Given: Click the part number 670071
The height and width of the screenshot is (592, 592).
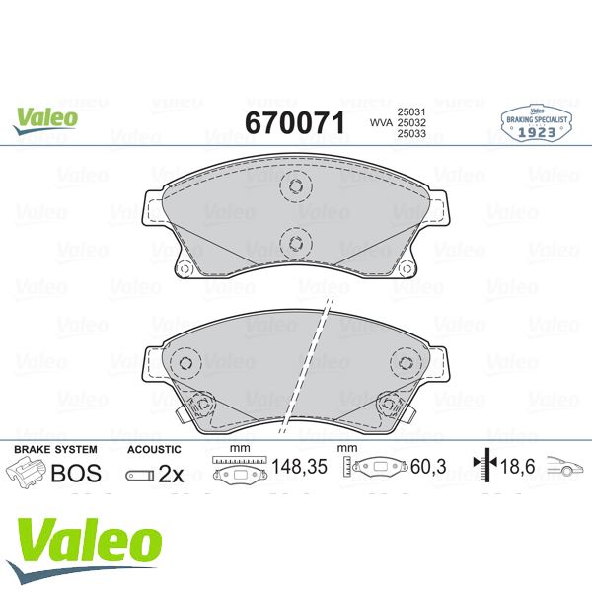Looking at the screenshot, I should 293,122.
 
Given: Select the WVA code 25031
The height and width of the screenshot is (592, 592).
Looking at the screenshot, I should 410,112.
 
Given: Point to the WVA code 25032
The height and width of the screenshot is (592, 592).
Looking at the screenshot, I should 410,123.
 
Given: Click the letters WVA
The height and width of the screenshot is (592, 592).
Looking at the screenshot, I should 379,123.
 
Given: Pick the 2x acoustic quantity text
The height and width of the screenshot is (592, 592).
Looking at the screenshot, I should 171,474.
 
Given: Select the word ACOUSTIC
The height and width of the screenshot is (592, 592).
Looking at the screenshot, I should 155,449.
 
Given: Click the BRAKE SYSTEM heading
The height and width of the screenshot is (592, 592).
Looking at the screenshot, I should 54,449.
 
